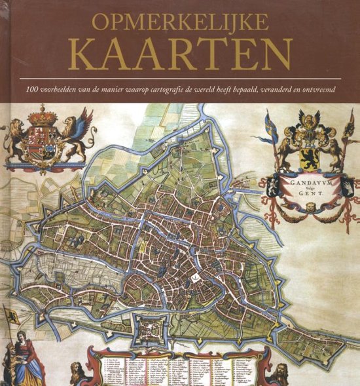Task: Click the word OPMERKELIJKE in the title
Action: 180,22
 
